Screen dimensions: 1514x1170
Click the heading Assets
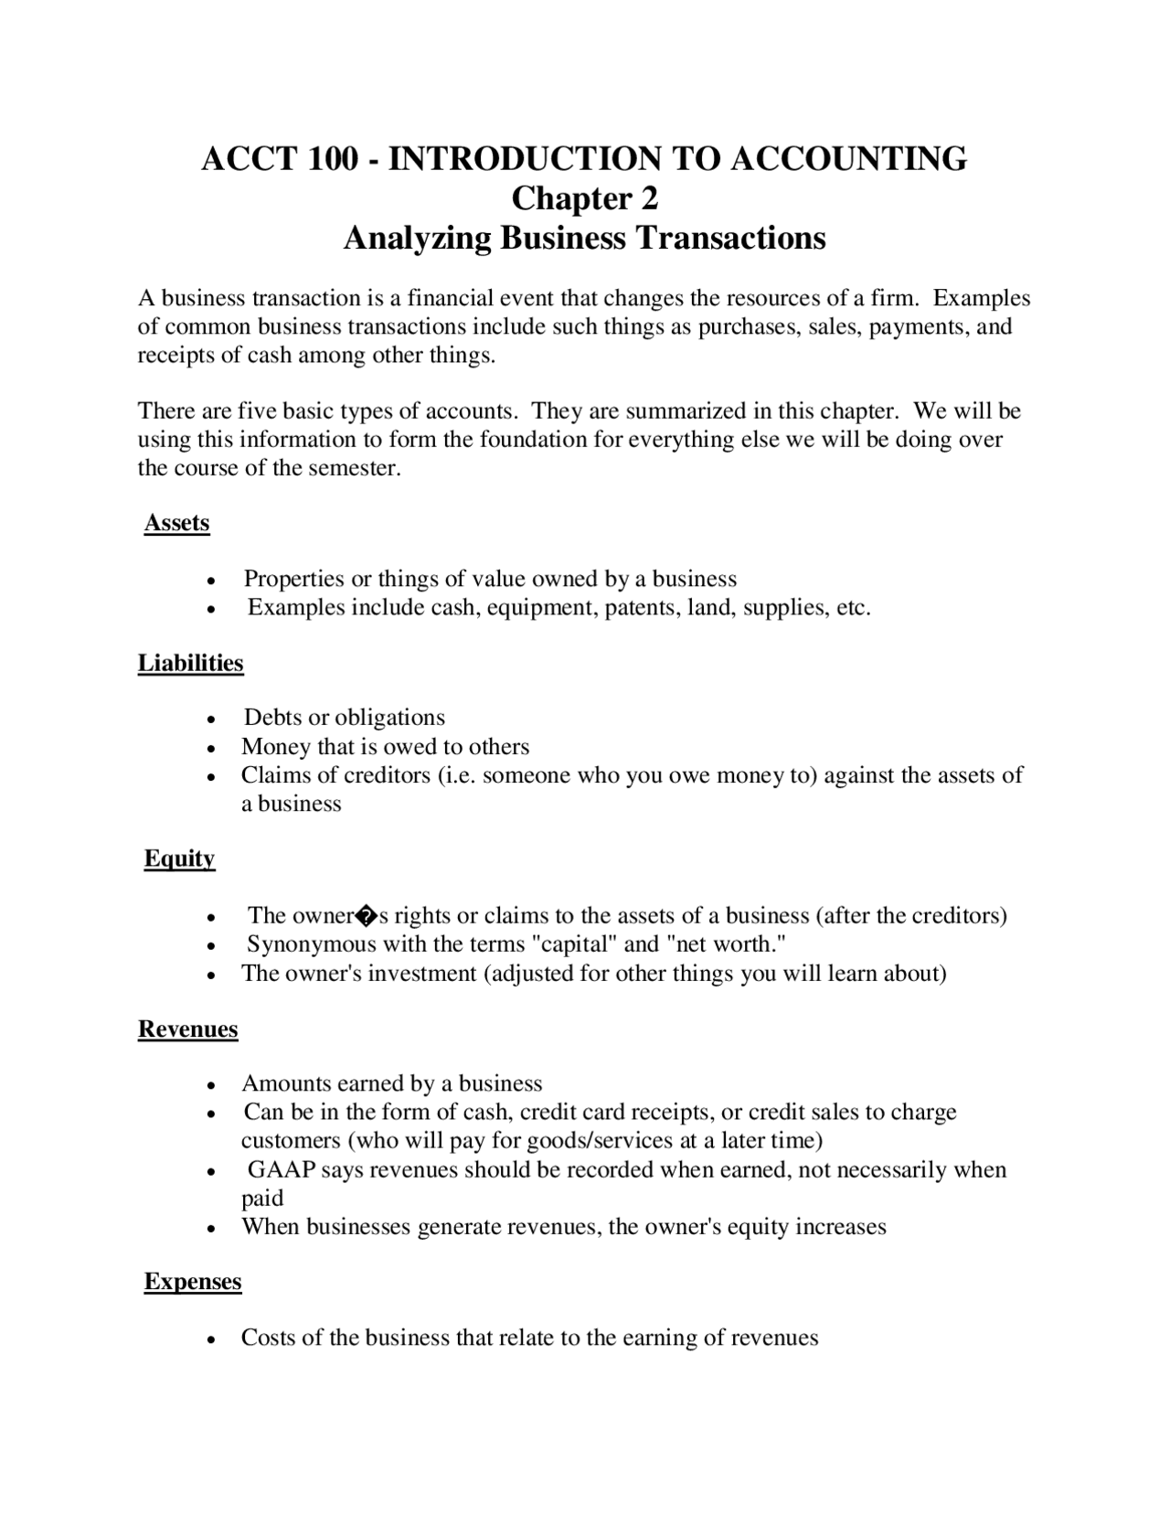[177, 523]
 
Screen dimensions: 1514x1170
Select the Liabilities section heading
[191, 663]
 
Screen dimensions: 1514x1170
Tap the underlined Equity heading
[180, 858]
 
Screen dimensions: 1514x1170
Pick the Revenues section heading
[188, 1029]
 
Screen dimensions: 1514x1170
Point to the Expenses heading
[193, 1282]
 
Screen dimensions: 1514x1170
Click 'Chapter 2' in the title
[584, 198]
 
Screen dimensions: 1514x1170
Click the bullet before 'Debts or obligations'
[211, 720]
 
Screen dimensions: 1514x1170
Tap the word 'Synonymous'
[311, 944]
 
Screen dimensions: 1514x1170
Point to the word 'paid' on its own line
[262, 1199]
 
